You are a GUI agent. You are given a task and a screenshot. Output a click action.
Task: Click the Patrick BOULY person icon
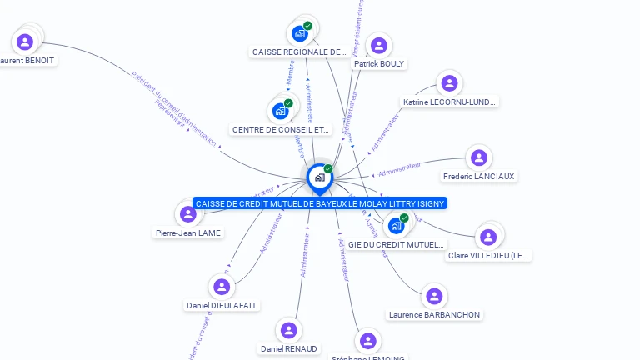(379, 45)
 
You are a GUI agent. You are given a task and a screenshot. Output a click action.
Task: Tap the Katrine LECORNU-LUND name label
(449, 102)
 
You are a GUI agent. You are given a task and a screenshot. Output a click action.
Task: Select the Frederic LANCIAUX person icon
(478, 157)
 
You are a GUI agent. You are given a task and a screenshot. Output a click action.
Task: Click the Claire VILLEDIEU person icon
(487, 237)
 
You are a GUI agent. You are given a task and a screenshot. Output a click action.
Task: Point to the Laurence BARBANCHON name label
(434, 314)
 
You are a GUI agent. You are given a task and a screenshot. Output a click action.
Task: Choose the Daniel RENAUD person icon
(288, 330)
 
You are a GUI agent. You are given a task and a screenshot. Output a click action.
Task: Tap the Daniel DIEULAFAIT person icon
(221, 287)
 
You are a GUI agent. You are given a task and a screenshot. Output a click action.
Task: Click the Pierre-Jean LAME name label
(188, 233)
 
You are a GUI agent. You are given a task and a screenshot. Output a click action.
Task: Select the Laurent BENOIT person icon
(25, 42)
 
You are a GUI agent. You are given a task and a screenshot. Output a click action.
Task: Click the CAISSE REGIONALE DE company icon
(300, 34)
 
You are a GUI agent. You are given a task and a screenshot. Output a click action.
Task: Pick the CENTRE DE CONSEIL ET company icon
(281, 111)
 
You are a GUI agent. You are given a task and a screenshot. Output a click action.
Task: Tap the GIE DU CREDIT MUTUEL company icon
(396, 225)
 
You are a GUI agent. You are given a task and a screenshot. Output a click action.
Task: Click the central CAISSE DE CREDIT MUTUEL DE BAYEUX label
(320, 203)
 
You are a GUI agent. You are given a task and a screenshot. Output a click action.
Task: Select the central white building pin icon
(319, 177)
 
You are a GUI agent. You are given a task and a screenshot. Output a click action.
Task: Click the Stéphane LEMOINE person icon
(367, 341)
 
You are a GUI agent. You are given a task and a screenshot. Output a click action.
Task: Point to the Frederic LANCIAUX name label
(479, 177)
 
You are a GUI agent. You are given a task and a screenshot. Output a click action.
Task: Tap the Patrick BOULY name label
(379, 63)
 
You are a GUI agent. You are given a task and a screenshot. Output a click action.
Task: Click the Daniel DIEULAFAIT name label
(222, 306)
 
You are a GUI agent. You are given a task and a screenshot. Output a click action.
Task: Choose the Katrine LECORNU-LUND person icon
(449, 83)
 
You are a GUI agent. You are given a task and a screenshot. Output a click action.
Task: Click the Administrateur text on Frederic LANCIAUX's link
(399, 170)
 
